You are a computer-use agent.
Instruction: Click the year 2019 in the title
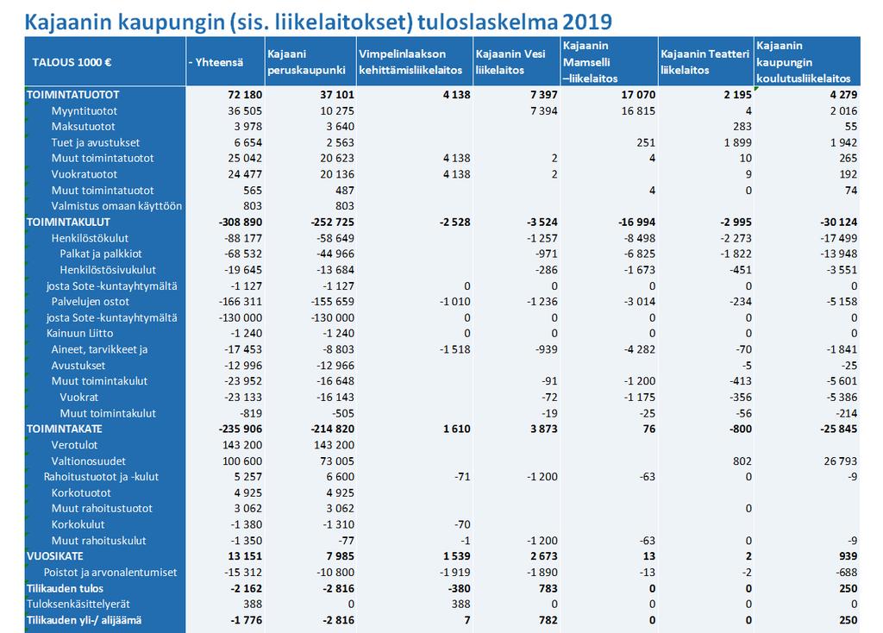pos(586,22)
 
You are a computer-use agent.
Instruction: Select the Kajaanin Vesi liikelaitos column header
pos(510,62)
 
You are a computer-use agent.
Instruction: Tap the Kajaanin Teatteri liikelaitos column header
pos(705,62)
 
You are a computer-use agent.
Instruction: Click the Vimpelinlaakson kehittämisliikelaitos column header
pos(410,62)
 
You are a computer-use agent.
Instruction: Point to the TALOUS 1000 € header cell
pos(72,62)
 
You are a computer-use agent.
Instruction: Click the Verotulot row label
pos(74,445)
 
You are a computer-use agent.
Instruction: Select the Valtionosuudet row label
pos(89,461)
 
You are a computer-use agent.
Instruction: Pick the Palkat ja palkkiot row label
pos(101,254)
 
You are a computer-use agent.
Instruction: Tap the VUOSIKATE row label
pos(54,556)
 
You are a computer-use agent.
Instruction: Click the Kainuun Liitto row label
pos(79,334)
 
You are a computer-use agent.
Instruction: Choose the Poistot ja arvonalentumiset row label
pos(110,572)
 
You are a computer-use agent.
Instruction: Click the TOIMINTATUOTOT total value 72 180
pos(245,95)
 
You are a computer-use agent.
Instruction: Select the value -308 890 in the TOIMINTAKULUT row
pos(241,222)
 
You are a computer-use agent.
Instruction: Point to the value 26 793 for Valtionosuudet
pos(840,461)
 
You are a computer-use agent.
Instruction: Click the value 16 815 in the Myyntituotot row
pos(639,111)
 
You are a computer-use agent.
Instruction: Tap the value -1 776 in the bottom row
pos(246,620)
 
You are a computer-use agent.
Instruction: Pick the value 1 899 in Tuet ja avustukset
pos(738,142)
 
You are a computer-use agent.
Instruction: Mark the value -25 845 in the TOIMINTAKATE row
pos(838,429)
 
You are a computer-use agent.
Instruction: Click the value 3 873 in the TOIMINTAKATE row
pos(543,429)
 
